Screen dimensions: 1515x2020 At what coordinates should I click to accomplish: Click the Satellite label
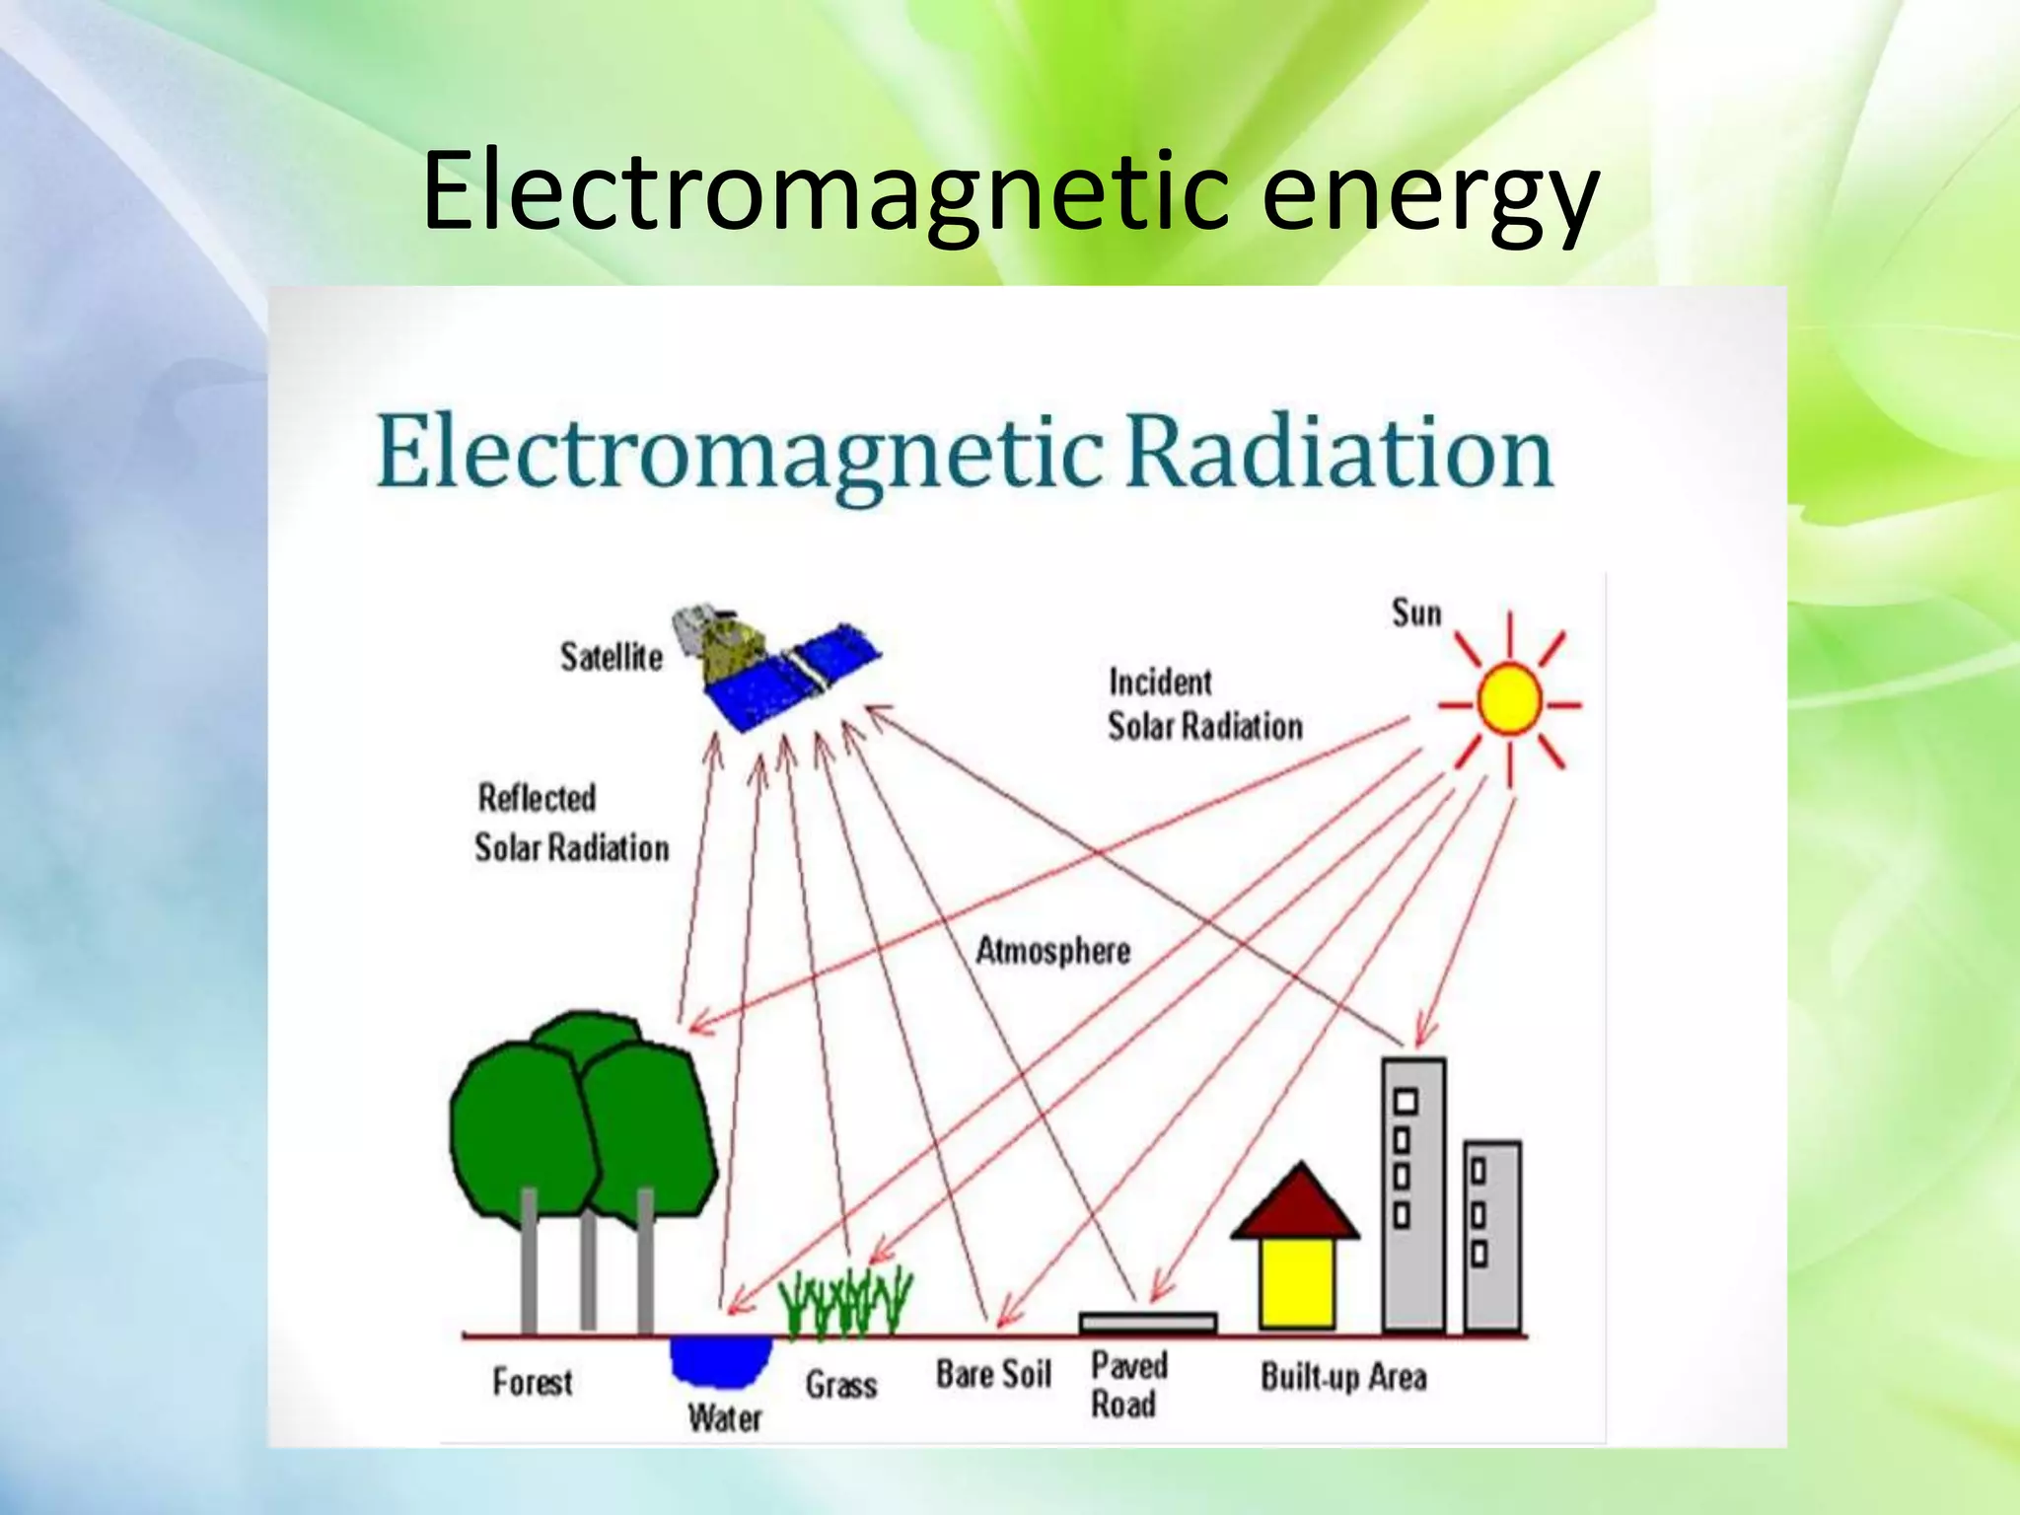pos(612,657)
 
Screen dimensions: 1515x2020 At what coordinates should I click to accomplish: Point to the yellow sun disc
pos(1509,699)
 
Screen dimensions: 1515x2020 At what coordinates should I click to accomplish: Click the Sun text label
pos(1416,613)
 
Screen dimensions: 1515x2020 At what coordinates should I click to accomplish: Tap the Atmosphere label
pos(1052,951)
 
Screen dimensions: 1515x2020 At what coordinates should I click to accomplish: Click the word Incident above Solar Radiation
pos(1160,683)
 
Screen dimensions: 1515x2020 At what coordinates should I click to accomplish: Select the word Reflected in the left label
pos(538,798)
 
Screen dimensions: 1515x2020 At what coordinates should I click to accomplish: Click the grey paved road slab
pos(1148,1322)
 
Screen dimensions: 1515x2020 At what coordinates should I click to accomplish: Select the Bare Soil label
pos(993,1374)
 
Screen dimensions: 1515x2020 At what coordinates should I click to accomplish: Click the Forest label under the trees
pos(533,1382)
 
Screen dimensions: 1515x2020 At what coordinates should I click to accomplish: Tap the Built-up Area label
pos(1343,1377)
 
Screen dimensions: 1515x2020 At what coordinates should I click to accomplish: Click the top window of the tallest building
pos(1406,1102)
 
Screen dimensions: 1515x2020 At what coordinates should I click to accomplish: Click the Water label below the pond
pos(725,1418)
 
